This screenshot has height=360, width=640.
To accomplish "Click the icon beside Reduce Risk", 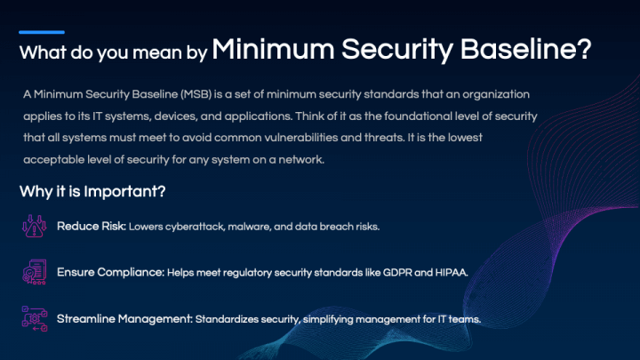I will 32,227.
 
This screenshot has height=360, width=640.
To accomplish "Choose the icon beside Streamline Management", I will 32,317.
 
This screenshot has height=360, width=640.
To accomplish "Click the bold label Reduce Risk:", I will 92,227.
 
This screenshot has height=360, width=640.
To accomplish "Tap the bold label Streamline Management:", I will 124,317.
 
